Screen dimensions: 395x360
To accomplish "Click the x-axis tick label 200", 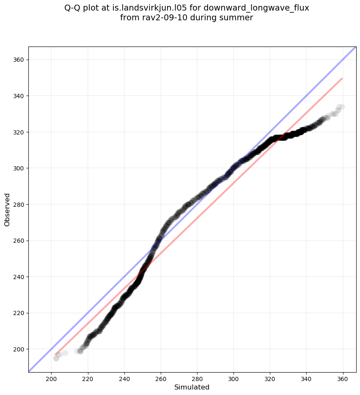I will (52, 377).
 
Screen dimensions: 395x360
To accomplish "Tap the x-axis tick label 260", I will (161, 377).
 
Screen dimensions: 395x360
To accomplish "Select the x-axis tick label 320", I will (270, 377).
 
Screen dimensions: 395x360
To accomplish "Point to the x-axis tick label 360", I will (343, 377).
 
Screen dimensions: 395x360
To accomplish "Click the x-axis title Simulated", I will (192, 387).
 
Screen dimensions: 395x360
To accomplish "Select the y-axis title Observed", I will (7, 209).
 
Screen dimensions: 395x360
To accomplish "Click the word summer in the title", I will (238, 18).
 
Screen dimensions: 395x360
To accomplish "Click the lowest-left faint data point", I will (56, 358).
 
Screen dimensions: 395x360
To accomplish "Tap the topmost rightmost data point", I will (342, 107).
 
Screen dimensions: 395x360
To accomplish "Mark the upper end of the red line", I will (342, 79).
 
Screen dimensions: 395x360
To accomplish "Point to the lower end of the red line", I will (56, 355).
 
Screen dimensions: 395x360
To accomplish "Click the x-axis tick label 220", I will (88, 377).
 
